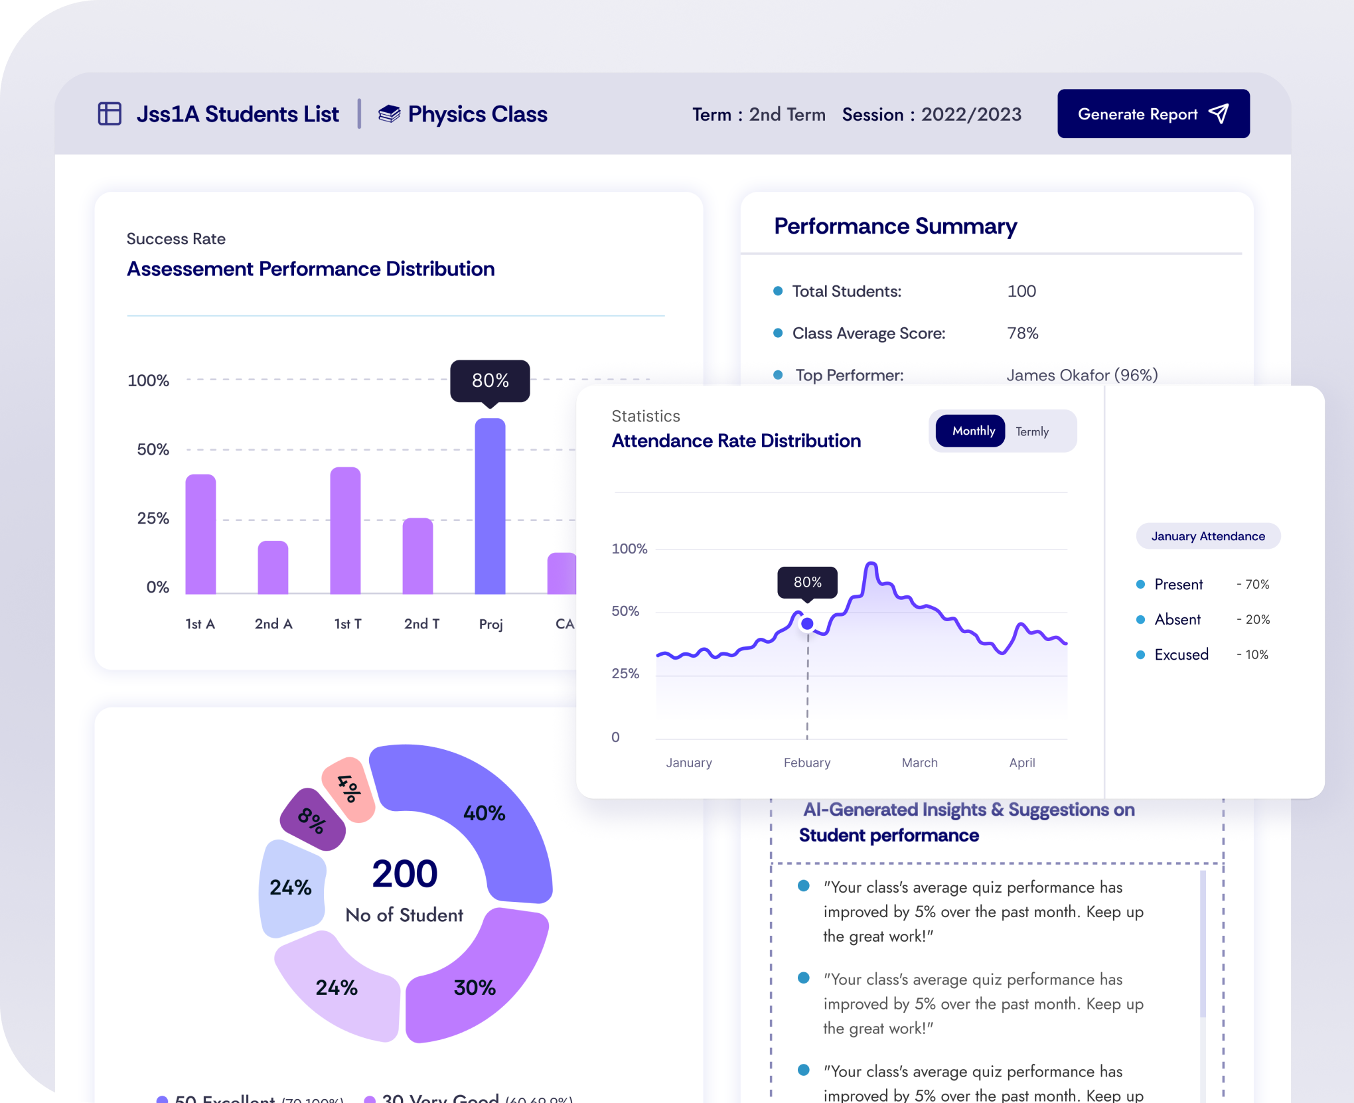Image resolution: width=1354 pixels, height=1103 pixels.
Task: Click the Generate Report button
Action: click(1153, 114)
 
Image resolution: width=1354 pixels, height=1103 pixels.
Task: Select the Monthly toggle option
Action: click(972, 431)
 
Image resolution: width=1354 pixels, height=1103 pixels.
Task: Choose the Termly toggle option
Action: click(1031, 432)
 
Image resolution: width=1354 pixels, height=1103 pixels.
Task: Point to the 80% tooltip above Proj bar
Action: click(490, 380)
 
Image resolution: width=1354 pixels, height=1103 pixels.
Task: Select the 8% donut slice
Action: click(312, 820)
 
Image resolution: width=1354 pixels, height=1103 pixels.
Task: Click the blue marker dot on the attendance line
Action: click(807, 624)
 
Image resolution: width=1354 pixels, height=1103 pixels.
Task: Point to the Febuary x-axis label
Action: click(806, 763)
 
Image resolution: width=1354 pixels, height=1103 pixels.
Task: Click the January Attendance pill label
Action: click(1207, 536)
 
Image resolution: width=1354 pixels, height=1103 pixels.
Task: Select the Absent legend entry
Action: click(1177, 619)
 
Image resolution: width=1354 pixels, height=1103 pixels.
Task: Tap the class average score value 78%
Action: click(1022, 333)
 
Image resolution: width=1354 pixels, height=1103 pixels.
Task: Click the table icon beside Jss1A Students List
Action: click(110, 114)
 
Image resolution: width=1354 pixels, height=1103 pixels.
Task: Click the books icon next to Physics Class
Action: click(389, 114)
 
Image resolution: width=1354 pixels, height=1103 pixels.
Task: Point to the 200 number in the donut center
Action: click(404, 873)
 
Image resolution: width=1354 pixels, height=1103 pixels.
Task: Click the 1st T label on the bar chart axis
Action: click(347, 624)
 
